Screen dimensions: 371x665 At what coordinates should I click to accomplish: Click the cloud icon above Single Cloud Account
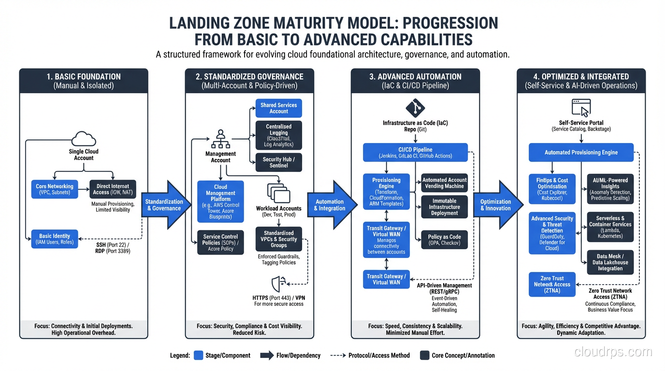(83, 139)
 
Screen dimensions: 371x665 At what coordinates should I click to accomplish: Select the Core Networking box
(55, 189)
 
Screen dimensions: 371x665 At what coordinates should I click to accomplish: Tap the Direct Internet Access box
(113, 189)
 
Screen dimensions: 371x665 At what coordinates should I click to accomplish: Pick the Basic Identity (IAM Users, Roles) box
(55, 239)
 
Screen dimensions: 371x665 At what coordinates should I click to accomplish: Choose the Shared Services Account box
(278, 108)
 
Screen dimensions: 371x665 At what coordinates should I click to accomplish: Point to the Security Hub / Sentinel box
(278, 162)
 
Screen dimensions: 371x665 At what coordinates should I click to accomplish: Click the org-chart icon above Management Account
(220, 139)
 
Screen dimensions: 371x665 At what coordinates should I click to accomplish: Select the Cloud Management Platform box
(220, 201)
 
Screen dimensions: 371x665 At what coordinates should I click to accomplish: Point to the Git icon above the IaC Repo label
(415, 108)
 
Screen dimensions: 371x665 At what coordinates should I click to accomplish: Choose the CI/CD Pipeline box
(415, 153)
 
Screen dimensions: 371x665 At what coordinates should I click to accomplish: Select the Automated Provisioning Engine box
(581, 152)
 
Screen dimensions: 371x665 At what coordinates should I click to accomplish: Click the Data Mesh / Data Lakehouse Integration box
(610, 262)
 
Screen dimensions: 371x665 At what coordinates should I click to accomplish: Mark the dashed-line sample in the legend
(337, 356)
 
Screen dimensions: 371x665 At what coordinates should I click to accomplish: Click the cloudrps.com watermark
(613, 352)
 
